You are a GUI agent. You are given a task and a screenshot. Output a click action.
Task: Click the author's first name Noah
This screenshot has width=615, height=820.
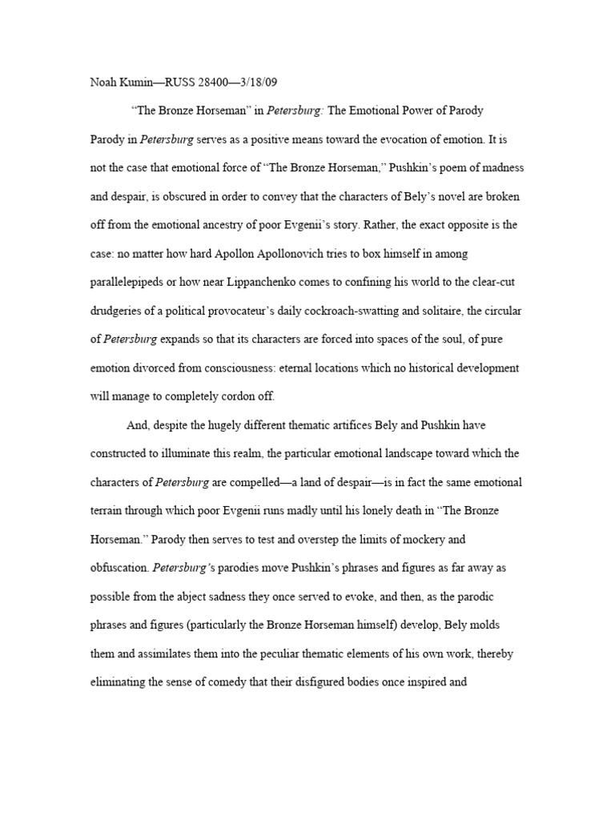[x=102, y=82]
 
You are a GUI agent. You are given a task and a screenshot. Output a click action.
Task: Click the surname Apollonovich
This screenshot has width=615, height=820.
[x=304, y=254]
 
